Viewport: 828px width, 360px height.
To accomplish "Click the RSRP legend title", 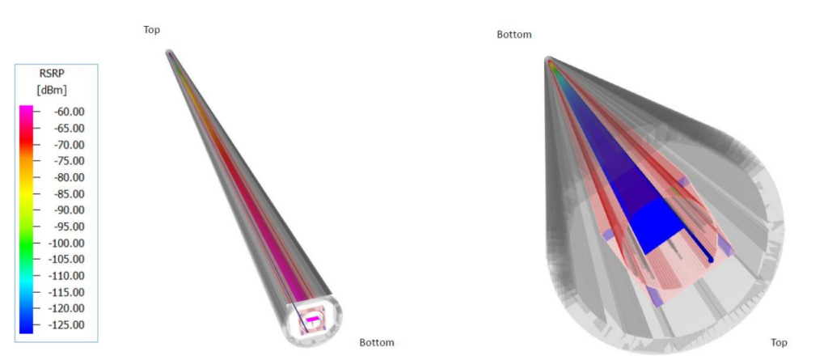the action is [x=52, y=74].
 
